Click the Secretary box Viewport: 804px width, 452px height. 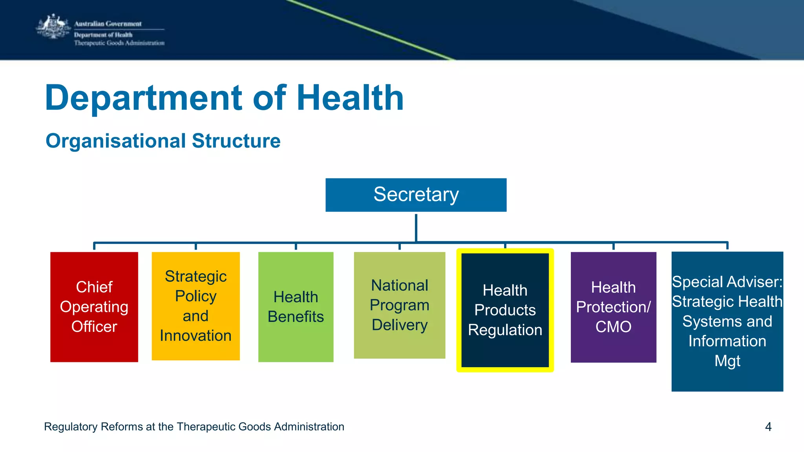coord(416,195)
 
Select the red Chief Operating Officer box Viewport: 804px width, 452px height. coord(94,307)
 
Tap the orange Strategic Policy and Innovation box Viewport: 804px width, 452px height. coord(196,306)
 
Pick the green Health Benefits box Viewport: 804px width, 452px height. coord(296,307)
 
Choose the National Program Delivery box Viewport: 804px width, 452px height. coord(399,305)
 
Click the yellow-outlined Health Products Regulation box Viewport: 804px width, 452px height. coord(505,310)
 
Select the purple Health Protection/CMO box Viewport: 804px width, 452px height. coord(613,307)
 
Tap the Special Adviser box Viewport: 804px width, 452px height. coord(727,321)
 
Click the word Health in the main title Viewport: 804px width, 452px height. coord(350,98)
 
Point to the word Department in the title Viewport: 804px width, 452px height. coord(144,98)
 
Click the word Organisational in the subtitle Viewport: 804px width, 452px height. coord(115,141)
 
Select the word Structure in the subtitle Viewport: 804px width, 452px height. coord(236,141)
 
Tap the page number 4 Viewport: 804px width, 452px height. coord(768,426)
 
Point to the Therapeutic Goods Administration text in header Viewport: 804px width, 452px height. coord(119,43)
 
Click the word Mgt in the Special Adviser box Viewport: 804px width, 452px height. coord(727,361)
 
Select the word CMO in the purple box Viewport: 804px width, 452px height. coord(613,327)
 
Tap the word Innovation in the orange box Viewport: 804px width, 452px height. coord(196,336)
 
